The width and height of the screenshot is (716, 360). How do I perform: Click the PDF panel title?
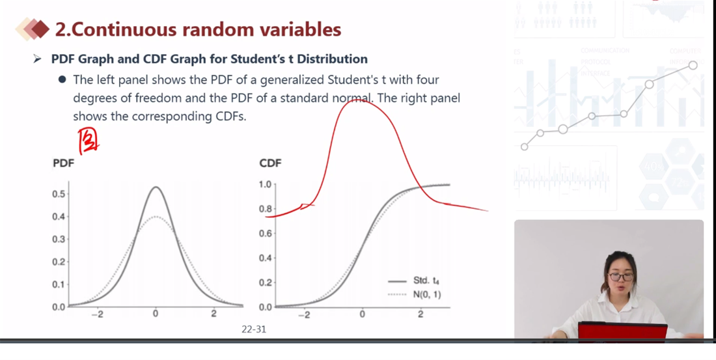[x=64, y=163]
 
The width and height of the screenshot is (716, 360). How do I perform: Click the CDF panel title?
[x=270, y=163]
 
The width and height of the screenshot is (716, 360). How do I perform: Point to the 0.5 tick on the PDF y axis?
[x=59, y=194]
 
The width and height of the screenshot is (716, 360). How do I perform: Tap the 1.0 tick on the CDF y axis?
[x=266, y=184]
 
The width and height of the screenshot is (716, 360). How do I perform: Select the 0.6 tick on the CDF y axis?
[x=266, y=234]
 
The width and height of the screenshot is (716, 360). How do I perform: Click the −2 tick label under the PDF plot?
[x=97, y=314]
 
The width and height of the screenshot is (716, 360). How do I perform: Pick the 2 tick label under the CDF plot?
[x=420, y=314]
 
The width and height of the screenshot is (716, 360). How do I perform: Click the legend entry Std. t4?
[x=426, y=281]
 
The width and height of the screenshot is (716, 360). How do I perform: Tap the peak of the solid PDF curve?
[x=156, y=187]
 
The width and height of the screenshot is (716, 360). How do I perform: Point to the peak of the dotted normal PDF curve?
[x=156, y=217]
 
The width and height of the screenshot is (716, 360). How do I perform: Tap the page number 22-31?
[x=254, y=329]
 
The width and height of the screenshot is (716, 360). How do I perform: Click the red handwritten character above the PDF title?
[x=88, y=142]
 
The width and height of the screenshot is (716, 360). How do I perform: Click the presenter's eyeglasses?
[x=620, y=277]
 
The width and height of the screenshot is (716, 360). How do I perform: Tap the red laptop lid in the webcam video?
[x=622, y=331]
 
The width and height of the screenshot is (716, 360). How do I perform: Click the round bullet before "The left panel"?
[x=62, y=80]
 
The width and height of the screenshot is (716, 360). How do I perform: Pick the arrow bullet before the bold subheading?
[x=37, y=59]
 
